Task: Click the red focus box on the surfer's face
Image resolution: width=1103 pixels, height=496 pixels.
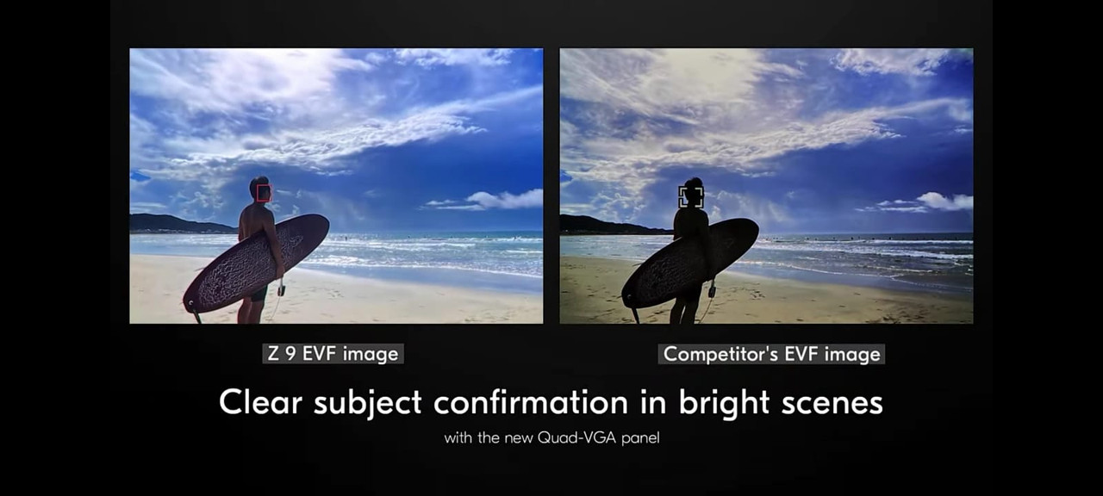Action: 258,193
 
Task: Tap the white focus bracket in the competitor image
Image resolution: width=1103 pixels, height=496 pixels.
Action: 680,197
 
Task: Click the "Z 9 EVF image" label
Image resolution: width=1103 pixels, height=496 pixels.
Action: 333,354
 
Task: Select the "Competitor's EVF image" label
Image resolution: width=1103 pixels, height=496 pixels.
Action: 771,354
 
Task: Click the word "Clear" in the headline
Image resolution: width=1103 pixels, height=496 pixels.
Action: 260,402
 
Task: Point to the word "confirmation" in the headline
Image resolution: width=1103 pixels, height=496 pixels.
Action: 531,402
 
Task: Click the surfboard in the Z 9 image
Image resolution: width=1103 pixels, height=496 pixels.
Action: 256,263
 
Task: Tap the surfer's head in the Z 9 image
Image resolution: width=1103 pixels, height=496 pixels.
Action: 260,189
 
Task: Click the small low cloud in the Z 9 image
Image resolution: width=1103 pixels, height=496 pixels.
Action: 492,200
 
